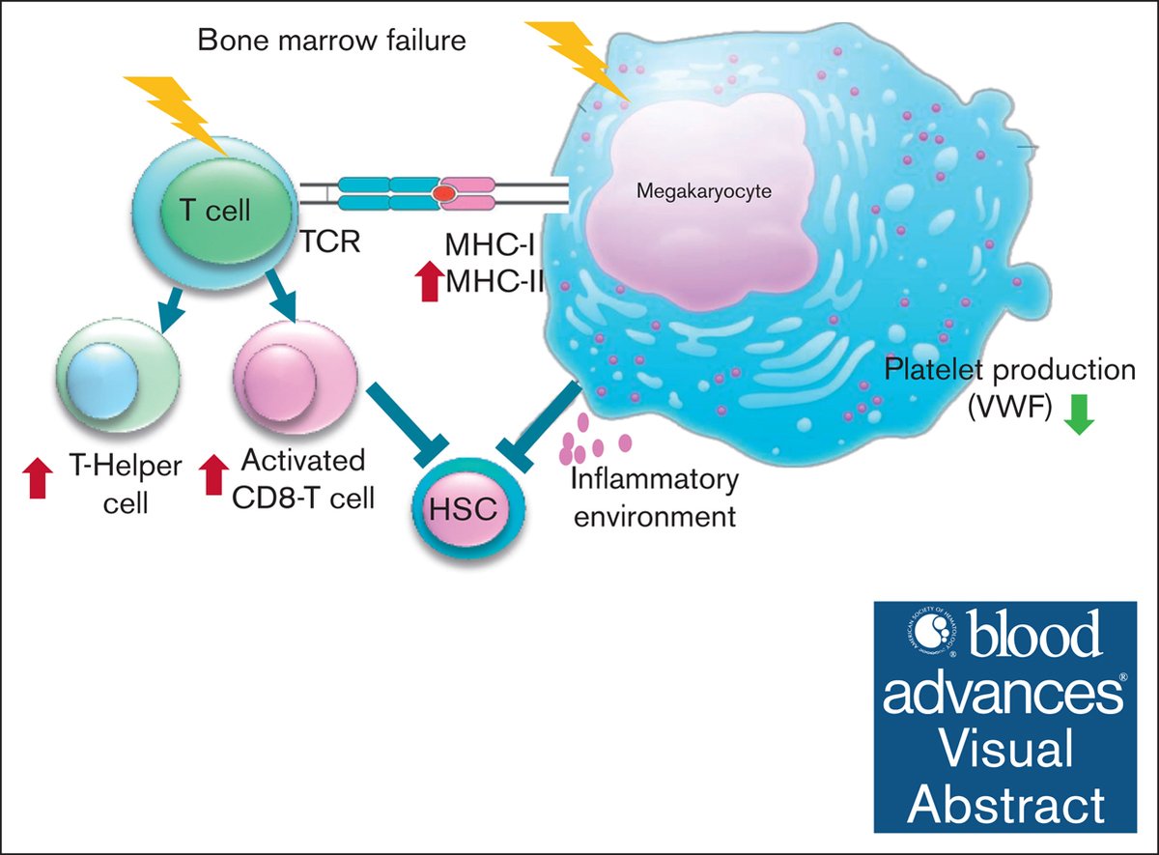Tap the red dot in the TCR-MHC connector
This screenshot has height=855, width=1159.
(x=444, y=193)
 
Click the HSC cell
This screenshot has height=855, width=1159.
(x=467, y=508)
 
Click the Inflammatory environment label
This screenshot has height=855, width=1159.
(x=654, y=497)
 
